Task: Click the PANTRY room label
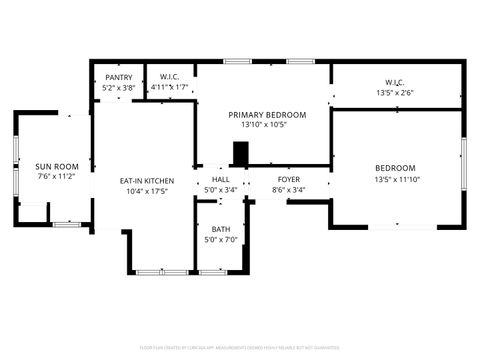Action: (118, 77)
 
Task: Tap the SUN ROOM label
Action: (57, 167)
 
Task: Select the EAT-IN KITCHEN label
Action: (147, 181)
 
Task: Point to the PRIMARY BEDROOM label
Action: (266, 115)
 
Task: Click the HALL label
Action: (220, 179)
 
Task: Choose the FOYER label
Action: (288, 179)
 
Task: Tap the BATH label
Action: (220, 229)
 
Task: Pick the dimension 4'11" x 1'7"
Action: (169, 87)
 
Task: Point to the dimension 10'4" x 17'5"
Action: (147, 191)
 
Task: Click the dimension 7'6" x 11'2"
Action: (57, 177)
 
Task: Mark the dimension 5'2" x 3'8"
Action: (118, 87)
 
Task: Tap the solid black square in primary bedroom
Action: (240, 153)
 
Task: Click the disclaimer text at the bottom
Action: (240, 349)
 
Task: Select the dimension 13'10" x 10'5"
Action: (266, 125)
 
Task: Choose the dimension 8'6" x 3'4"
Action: (288, 189)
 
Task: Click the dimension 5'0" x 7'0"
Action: (220, 239)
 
